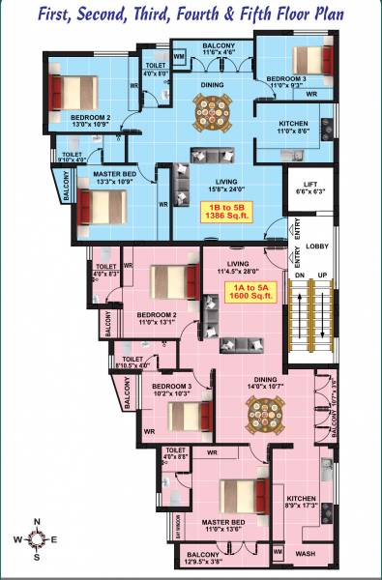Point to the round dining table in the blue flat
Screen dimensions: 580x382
pyautogui.click(x=213, y=111)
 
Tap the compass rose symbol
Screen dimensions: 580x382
pyautogui.click(x=36, y=541)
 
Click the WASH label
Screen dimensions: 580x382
pyautogui.click(x=305, y=554)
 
